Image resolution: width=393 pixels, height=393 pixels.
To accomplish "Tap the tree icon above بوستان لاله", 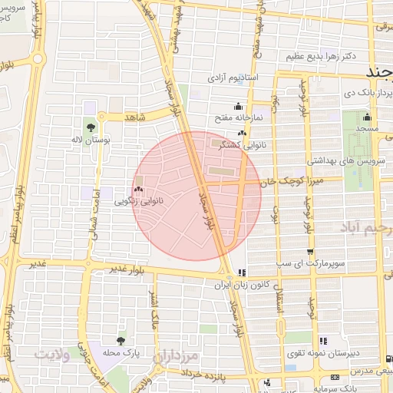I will coord(91,125).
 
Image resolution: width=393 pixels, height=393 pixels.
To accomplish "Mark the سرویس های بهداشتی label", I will coord(339,161).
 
